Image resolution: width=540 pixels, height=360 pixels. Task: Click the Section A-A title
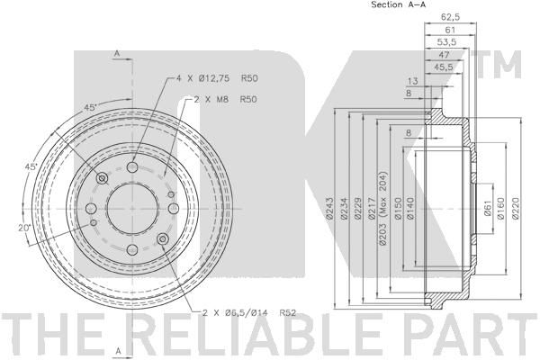tap(399, 4)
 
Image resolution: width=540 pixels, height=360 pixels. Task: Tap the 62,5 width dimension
tap(451, 16)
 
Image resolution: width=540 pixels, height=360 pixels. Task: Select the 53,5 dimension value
tap(446, 42)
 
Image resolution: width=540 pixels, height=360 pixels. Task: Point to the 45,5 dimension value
tap(444, 67)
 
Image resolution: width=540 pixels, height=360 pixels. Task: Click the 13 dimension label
tap(412, 81)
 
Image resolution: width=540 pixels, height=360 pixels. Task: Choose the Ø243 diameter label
tap(329, 208)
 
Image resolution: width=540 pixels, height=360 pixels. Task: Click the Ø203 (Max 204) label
tap(383, 208)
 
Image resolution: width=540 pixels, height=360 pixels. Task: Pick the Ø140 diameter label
tap(410, 208)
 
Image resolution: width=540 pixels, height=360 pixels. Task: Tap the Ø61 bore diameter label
tap(487, 208)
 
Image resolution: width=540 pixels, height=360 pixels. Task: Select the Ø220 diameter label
tap(516, 208)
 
